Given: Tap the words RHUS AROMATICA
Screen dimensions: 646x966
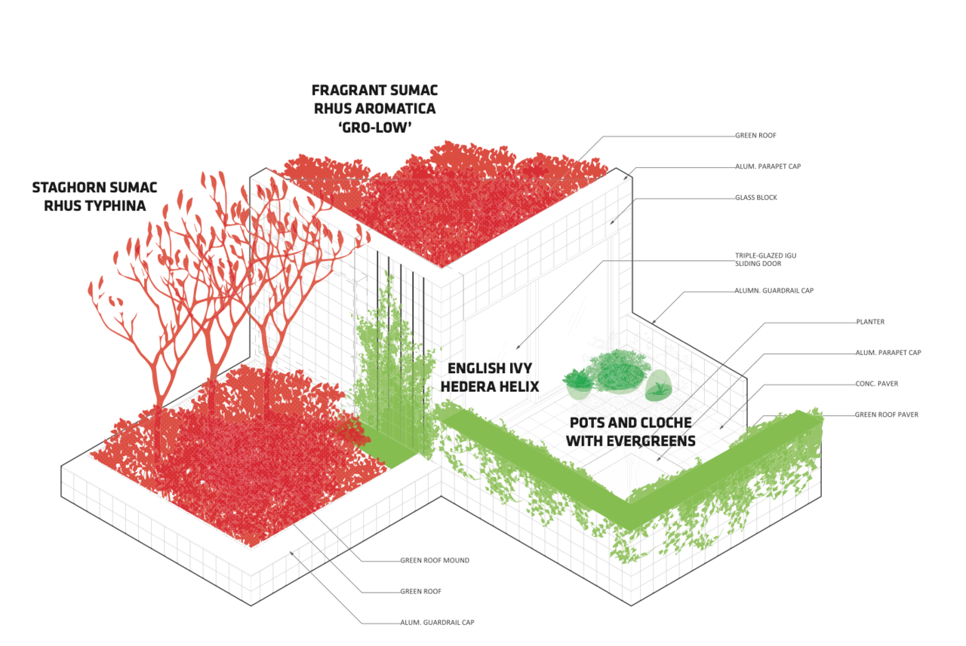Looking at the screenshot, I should click(x=374, y=109).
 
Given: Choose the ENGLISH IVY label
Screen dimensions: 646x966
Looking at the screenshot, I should click(x=490, y=369).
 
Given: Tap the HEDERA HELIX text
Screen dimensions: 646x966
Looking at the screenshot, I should click(x=493, y=386).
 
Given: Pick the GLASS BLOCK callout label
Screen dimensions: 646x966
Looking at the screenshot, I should click(x=755, y=197).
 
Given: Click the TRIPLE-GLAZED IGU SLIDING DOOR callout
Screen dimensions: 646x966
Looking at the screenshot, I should click(x=765, y=259).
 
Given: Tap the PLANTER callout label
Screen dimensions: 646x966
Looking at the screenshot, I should click(x=870, y=322).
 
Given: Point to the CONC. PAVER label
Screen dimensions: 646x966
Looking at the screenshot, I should click(x=876, y=384).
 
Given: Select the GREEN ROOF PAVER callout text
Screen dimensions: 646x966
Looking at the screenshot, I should click(x=886, y=415).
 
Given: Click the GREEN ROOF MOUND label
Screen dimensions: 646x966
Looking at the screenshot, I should click(x=435, y=560).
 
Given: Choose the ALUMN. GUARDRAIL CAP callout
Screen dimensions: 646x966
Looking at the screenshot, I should click(x=774, y=290).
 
